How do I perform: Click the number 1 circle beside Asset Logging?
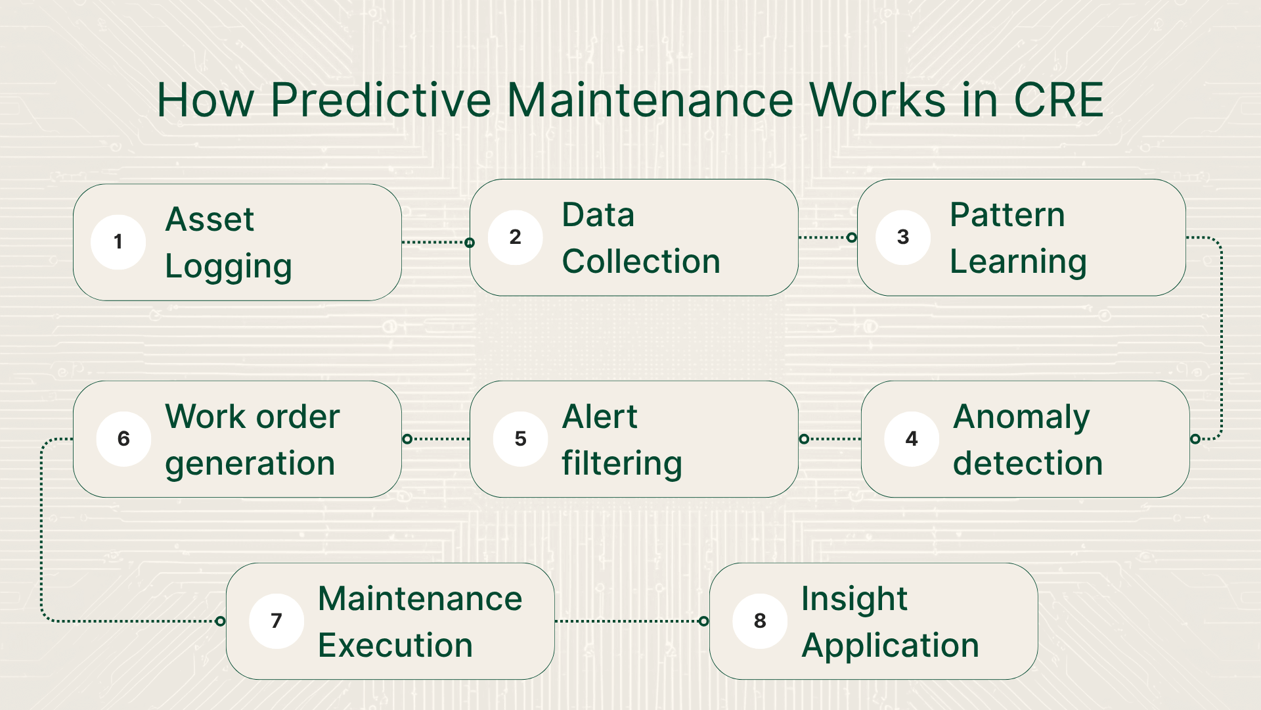(118, 242)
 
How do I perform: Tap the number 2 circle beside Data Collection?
(516, 237)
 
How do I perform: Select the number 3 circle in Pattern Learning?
(903, 237)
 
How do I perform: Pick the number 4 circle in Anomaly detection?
(912, 439)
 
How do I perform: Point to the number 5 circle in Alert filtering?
(521, 439)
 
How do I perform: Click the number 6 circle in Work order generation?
(123, 439)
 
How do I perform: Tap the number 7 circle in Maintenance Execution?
(277, 621)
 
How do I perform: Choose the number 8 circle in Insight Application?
(760, 621)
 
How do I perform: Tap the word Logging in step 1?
(229, 266)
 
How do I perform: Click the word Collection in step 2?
(641, 262)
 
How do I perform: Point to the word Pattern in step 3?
(1007, 215)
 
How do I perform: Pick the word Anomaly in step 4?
(1021, 417)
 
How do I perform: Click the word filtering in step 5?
(622, 463)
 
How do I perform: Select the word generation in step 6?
(250, 463)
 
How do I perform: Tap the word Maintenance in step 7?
(420, 599)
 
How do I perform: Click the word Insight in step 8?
(854, 599)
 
